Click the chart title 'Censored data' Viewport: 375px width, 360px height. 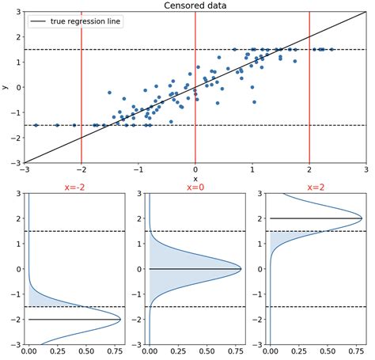pos(195,6)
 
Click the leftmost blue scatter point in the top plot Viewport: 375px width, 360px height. pos(36,125)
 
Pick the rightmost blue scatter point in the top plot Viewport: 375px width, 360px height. pos(331,49)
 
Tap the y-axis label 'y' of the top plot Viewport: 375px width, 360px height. pos(6,87)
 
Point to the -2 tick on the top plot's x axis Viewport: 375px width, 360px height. pos(81,170)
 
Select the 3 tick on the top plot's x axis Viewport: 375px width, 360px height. pos(366,170)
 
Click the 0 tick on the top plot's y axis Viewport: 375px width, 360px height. pos(17,87)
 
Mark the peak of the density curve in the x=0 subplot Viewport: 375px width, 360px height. pos(241,269)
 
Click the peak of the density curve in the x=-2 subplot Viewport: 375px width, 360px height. pos(120,319)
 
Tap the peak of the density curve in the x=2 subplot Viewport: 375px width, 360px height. pos(362,218)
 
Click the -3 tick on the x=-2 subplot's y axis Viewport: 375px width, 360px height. pos(17,344)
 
